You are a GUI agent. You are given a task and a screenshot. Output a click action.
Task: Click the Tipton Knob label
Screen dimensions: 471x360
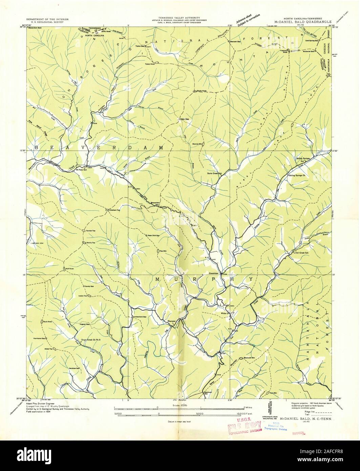[x=150, y=63]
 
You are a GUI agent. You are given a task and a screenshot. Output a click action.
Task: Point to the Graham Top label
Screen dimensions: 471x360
[x=115, y=210]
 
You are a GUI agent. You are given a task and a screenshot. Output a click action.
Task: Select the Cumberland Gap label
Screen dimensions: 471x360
[x=139, y=317]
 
